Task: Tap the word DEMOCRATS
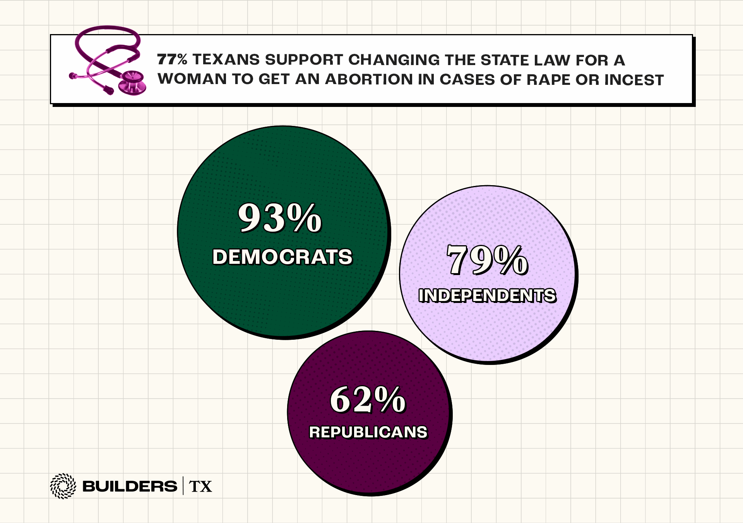click(x=282, y=257)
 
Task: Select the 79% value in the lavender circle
click(x=487, y=260)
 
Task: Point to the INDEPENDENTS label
click(x=487, y=296)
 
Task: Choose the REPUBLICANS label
click(x=368, y=432)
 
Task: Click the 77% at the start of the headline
click(x=172, y=60)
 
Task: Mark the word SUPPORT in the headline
click(x=304, y=60)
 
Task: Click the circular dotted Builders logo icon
click(x=63, y=486)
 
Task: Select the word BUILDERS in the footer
click(x=130, y=486)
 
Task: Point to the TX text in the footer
click(x=200, y=487)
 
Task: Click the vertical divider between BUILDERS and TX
click(x=183, y=486)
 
